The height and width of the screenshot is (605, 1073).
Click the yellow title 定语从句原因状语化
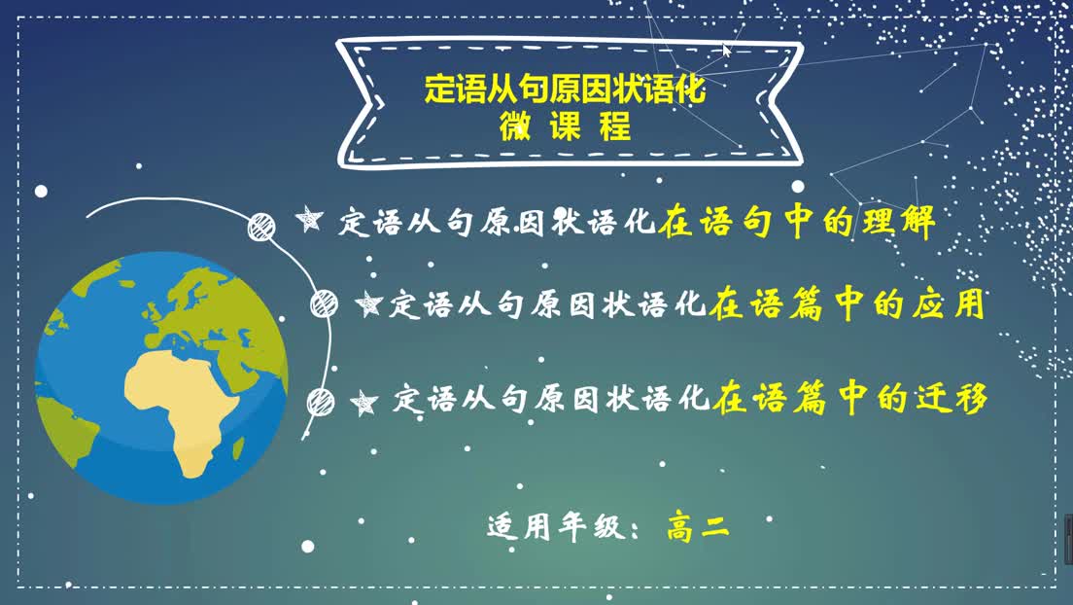click(x=565, y=89)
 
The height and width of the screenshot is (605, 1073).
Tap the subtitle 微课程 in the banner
click(x=565, y=126)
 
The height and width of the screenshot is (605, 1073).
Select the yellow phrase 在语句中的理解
click(x=797, y=222)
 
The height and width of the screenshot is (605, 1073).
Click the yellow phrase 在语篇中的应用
click(x=848, y=303)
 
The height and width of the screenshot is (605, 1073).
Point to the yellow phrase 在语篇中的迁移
click(x=849, y=398)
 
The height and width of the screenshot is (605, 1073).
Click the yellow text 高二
click(x=698, y=527)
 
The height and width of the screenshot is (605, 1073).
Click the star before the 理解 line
click(x=309, y=219)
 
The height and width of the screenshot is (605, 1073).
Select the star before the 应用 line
click(x=368, y=303)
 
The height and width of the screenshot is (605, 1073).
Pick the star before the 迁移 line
click(x=363, y=403)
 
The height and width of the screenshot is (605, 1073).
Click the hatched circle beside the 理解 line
click(x=261, y=227)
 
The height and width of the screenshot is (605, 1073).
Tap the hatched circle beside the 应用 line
click(x=324, y=304)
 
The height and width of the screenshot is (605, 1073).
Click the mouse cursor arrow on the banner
click(x=726, y=51)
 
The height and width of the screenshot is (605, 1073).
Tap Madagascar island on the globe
click(x=239, y=448)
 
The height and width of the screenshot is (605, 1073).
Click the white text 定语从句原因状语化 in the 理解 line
click(x=497, y=222)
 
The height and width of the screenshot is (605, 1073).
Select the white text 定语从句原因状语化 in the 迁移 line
click(x=551, y=398)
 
